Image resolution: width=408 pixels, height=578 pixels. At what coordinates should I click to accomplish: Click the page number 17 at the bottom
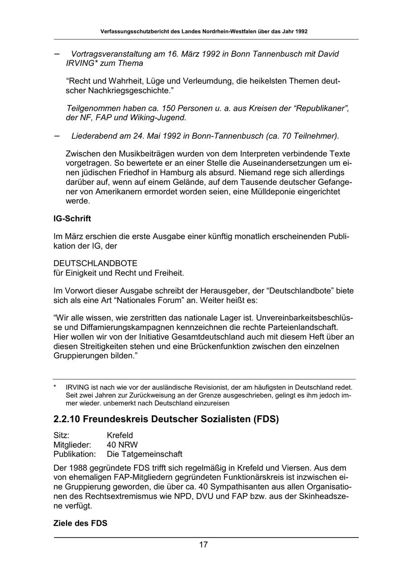pyautogui.click(x=204, y=545)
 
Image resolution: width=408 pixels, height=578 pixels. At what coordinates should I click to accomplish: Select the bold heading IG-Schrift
pyautogui.click(x=72, y=219)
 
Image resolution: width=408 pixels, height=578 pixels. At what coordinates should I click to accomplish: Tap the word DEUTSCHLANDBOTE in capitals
pyautogui.click(x=95, y=263)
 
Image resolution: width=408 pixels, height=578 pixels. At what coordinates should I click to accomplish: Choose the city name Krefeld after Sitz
pyautogui.click(x=120, y=436)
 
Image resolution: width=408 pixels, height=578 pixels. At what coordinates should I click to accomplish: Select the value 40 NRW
pyautogui.click(x=122, y=445)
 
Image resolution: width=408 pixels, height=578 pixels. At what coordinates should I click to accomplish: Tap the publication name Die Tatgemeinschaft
pyautogui.click(x=144, y=454)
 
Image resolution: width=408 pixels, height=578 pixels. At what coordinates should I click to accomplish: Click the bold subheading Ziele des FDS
pyautogui.click(x=80, y=523)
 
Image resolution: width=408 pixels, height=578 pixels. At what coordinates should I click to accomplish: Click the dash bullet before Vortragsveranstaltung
pyautogui.click(x=57, y=54)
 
